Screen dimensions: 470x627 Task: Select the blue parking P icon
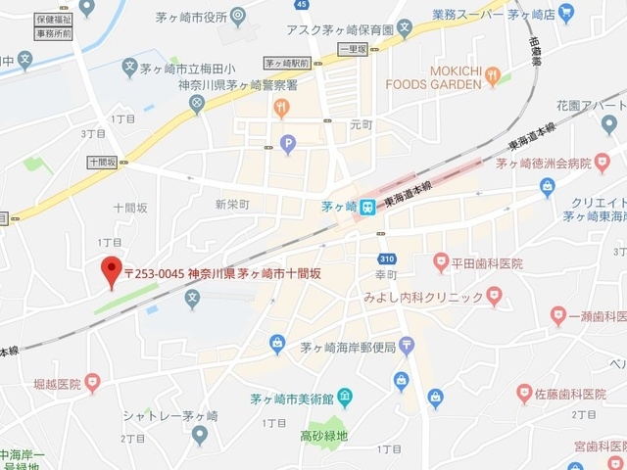pos(287,145)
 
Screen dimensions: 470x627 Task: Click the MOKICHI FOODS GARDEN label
pos(455,77)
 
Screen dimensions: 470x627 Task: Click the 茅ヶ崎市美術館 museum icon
pos(344,398)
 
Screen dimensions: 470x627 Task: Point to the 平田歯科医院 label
pos(487,263)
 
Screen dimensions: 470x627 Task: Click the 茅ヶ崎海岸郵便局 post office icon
pos(406,345)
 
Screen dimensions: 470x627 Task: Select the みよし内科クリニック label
pos(423,297)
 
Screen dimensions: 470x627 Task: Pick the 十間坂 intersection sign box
pos(102,162)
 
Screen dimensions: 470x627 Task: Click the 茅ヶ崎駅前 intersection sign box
pos(287,63)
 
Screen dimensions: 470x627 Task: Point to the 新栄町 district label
pos(232,204)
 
